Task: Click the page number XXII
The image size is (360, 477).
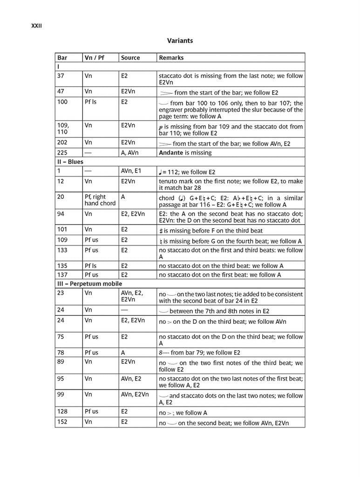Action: (36, 26)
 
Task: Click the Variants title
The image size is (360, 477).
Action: (180, 41)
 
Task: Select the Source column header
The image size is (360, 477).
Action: (130, 58)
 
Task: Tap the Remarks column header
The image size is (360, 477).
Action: (171, 58)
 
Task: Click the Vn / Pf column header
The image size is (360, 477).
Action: (95, 58)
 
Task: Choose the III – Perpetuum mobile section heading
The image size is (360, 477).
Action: (89, 283)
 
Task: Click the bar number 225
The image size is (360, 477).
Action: (62, 152)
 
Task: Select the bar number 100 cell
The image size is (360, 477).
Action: (62, 102)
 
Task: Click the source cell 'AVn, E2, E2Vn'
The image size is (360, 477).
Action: (132, 296)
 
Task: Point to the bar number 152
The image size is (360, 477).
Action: (62, 422)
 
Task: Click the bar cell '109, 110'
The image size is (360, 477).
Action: (63, 129)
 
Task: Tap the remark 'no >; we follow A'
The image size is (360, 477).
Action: (183, 412)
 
